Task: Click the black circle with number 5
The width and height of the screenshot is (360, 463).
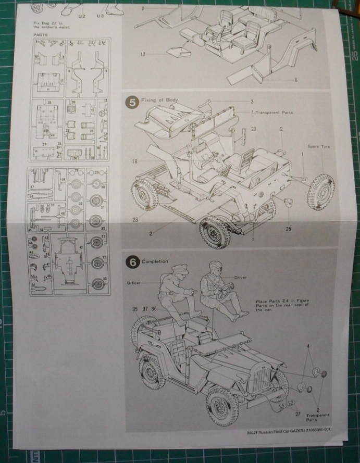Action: (133, 102)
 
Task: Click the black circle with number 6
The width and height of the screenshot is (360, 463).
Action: (133, 262)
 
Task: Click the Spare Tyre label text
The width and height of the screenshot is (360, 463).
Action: (318, 147)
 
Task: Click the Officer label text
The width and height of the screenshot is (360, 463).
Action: (134, 284)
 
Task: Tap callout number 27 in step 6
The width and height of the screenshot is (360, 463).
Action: (297, 415)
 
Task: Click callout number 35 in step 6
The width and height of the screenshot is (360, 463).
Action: (135, 309)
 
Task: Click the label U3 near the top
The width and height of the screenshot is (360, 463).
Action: (102, 17)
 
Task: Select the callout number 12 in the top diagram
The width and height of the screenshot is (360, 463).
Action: (142, 54)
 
